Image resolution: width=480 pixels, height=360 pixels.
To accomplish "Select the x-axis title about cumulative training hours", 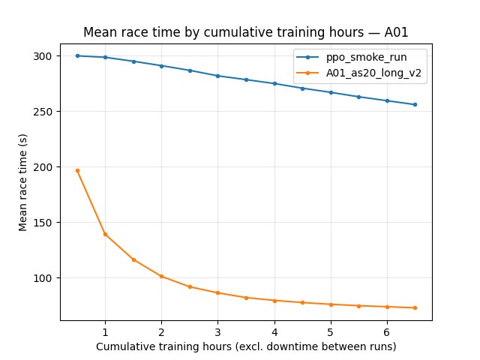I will pos(246,346).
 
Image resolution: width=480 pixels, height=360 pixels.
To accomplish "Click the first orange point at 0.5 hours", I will pos(77,170).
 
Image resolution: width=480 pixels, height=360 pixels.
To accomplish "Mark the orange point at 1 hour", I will pos(105,234).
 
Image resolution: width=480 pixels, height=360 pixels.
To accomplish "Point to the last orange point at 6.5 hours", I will pos(415,307).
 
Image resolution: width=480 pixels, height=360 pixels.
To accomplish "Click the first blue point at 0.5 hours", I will pos(77,55).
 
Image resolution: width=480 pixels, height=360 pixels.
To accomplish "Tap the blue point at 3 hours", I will pos(217,76).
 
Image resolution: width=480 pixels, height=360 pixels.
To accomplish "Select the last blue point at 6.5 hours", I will pos(415,104).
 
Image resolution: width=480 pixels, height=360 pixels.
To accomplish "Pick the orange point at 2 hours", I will pos(161,276).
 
